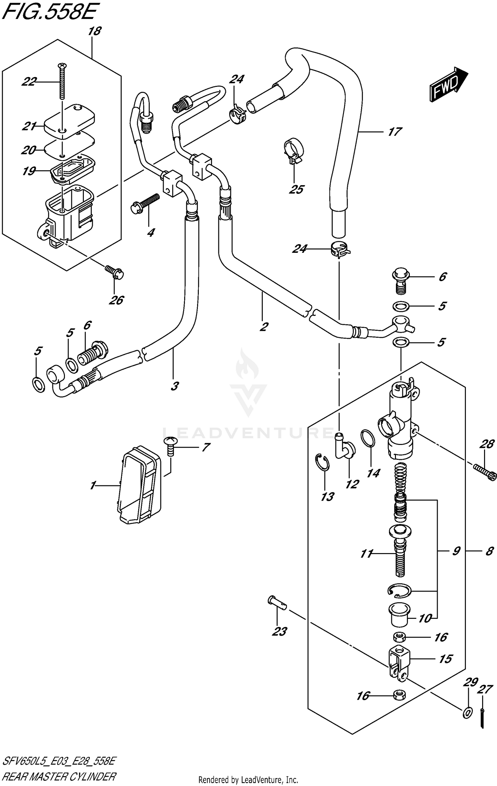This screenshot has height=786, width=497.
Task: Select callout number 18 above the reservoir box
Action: [94, 32]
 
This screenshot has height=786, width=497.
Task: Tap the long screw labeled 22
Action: [62, 81]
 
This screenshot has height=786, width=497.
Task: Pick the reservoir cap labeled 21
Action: [70, 121]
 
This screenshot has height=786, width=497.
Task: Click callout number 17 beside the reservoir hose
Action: [395, 132]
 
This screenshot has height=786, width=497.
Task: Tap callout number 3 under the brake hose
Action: [175, 386]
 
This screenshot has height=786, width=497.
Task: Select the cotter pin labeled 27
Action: [482, 717]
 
